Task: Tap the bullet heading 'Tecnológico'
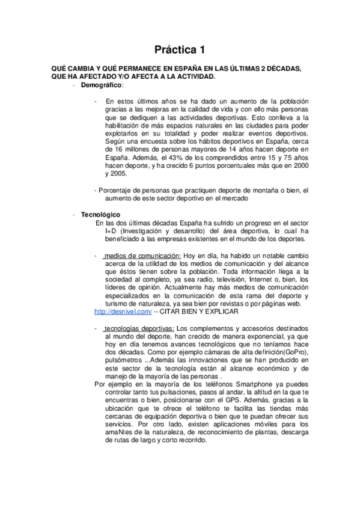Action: [100, 214]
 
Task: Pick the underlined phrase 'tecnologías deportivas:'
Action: [139, 328]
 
